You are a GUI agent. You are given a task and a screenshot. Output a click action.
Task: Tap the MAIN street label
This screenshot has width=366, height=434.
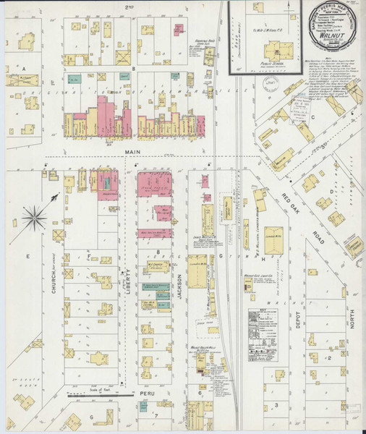click(x=131, y=151)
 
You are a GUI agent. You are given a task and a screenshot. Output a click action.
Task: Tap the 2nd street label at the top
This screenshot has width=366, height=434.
click(x=130, y=6)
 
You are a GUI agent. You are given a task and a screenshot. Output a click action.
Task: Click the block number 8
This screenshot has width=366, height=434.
click(x=158, y=252)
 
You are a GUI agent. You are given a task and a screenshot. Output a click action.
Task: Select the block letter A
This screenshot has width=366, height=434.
click(x=23, y=69)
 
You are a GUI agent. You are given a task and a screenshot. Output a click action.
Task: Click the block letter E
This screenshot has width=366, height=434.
click(x=29, y=255)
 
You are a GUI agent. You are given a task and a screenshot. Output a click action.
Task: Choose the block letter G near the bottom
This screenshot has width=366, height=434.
click(x=91, y=417)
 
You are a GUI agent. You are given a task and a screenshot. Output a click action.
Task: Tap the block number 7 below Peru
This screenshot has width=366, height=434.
click(x=156, y=417)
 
